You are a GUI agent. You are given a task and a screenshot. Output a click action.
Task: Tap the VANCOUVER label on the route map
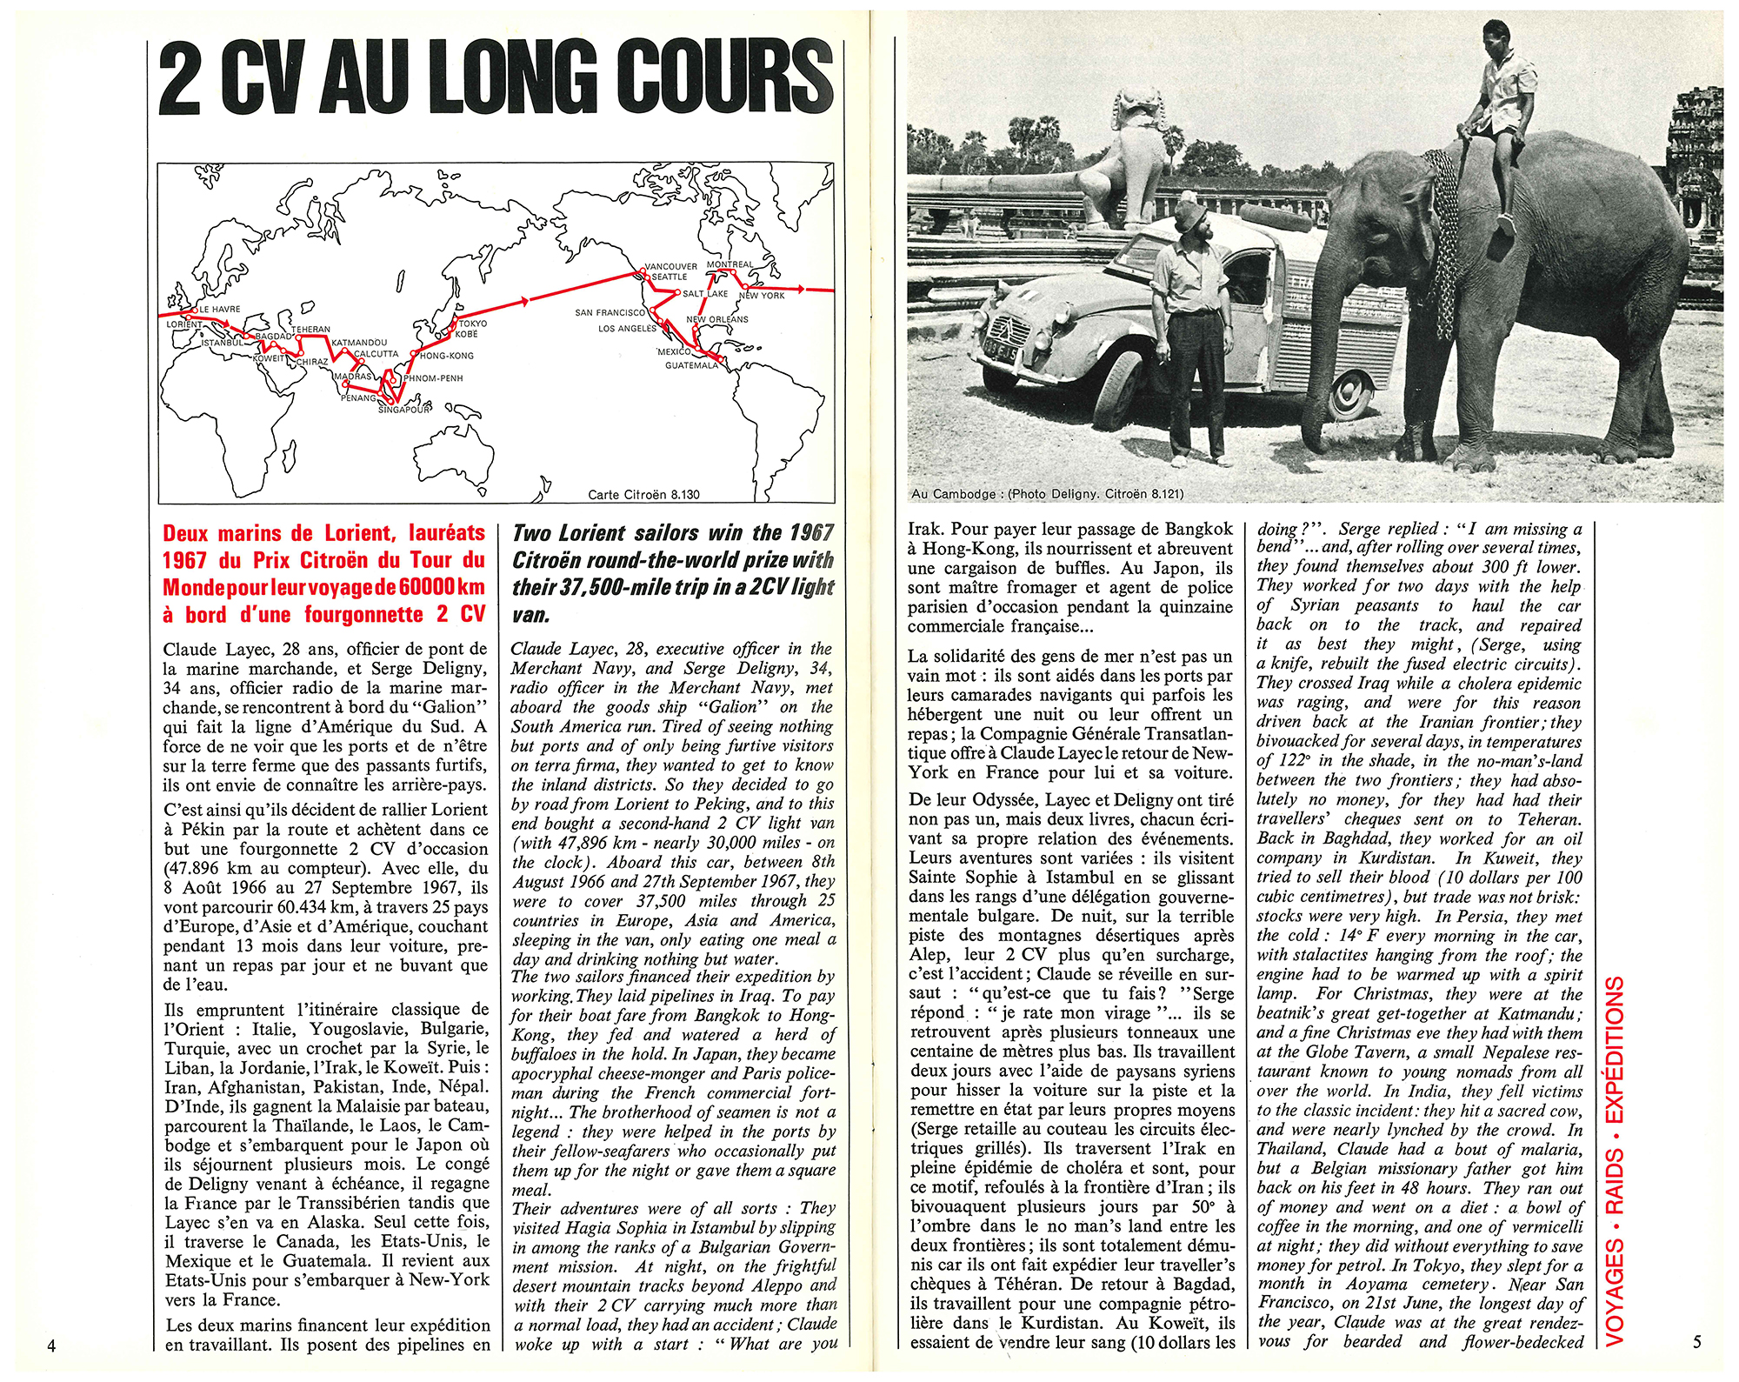670,267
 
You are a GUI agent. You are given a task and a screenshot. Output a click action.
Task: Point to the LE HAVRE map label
220,309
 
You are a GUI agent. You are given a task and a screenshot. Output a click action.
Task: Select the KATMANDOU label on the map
359,343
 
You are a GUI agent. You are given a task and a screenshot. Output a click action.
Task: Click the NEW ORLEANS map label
717,319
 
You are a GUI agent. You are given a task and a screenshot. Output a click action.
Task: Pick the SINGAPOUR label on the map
404,410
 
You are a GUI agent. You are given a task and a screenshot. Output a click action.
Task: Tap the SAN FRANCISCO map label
610,312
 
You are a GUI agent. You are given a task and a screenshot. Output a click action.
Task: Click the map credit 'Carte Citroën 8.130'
643,494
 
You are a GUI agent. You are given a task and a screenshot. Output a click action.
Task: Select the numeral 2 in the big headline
181,79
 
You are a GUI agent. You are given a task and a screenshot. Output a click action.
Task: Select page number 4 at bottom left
52,1345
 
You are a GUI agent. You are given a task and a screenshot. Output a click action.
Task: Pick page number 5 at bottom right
1696,1341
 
